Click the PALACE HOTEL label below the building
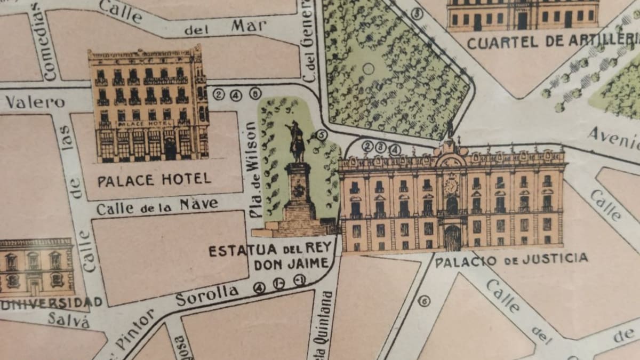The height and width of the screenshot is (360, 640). (x=154, y=179)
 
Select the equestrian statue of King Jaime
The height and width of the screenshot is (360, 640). (x=296, y=141)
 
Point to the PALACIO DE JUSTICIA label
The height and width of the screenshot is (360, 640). (x=511, y=260)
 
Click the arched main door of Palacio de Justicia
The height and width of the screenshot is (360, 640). (x=452, y=238)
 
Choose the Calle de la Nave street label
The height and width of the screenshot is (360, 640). (x=157, y=206)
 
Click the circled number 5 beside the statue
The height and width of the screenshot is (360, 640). (x=321, y=135)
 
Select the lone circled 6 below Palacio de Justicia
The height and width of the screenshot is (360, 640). (x=424, y=301)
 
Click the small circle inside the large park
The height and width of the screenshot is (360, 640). (x=368, y=68)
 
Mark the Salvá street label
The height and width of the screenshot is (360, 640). (x=67, y=319)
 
